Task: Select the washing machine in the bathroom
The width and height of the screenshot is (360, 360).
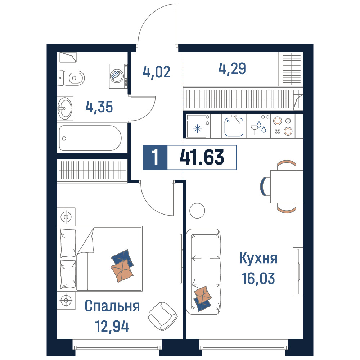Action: tap(118, 76)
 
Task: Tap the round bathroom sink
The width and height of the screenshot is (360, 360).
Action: tap(65, 109)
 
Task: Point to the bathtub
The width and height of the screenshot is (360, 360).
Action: tap(90, 138)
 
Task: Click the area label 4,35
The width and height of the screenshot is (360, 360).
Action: tap(99, 107)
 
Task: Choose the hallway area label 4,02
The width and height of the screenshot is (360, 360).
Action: tap(157, 72)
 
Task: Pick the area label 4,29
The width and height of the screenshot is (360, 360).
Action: tap(232, 68)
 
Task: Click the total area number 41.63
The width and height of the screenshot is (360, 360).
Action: tap(202, 157)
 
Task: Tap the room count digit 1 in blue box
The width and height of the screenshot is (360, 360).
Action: tap(156, 158)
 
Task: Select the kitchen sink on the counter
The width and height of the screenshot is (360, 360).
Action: tap(234, 127)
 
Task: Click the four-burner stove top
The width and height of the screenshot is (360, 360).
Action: tap(283, 126)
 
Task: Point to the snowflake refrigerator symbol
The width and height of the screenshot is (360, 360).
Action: tap(197, 129)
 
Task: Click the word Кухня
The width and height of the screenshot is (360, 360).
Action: tap(258, 258)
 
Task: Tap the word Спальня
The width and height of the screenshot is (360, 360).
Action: tap(112, 306)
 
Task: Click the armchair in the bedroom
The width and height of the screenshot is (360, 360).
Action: tap(163, 316)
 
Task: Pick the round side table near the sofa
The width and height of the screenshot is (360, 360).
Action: tap(197, 211)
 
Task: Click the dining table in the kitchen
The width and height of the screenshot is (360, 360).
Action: tap(287, 186)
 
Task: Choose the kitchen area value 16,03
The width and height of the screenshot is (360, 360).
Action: tap(258, 278)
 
